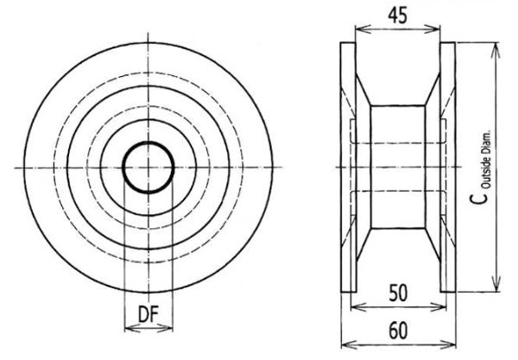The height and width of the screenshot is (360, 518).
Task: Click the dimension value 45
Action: [397, 16]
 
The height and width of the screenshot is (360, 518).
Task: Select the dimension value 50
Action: [398, 293]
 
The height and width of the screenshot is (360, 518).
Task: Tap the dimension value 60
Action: [398, 331]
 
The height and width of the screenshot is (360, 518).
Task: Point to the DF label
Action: [148, 314]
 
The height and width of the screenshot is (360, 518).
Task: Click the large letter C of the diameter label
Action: [478, 198]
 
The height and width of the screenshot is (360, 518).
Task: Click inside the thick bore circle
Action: [148, 167]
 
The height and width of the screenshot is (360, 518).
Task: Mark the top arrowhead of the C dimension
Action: [496, 49]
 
